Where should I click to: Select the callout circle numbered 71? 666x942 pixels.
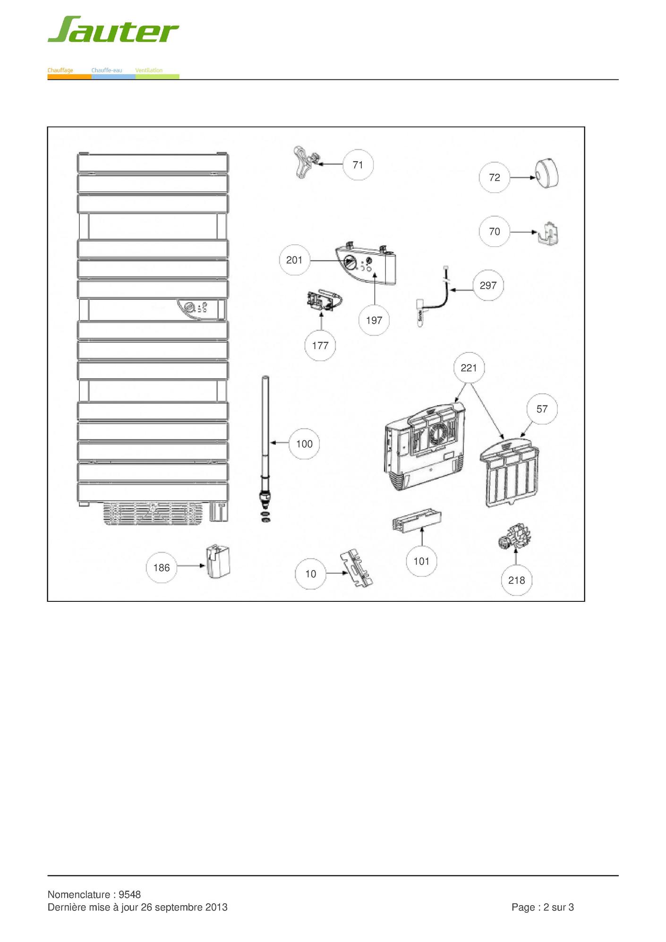click(358, 165)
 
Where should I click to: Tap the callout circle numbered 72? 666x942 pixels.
click(495, 178)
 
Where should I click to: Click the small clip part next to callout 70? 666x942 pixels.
click(549, 233)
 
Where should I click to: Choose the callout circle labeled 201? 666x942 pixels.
click(294, 260)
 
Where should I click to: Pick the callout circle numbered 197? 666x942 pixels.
click(374, 320)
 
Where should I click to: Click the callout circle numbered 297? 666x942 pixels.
click(488, 285)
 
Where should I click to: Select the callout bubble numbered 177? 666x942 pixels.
click(320, 346)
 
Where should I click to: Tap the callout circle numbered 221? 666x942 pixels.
click(469, 368)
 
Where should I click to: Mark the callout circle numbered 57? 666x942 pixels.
click(542, 409)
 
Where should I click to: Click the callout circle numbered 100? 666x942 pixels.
click(305, 444)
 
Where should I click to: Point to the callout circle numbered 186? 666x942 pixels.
click(162, 567)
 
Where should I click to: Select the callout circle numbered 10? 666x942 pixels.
click(311, 574)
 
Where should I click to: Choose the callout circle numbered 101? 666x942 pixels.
click(421, 561)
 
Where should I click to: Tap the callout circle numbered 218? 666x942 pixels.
click(517, 580)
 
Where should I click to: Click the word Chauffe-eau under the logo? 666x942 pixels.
click(107, 70)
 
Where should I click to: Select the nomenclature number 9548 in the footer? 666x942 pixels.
click(130, 894)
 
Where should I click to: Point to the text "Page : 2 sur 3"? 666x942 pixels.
click(543, 907)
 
